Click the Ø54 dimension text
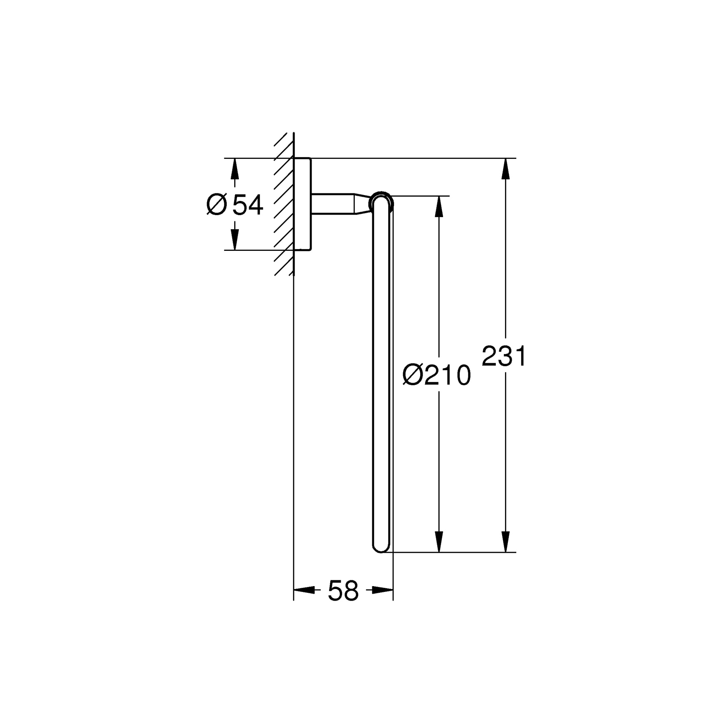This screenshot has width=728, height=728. (235, 205)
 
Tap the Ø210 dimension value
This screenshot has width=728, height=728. (437, 375)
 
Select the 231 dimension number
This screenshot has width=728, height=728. (504, 356)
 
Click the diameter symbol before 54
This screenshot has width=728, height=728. (217, 205)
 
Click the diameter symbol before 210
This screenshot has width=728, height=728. (412, 375)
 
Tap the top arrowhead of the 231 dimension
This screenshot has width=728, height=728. (505, 168)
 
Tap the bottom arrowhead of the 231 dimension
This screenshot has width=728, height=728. (505, 542)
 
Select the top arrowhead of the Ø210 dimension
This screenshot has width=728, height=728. (438, 206)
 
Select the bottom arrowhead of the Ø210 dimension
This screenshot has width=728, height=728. (438, 542)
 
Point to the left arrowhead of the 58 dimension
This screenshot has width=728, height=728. (304, 590)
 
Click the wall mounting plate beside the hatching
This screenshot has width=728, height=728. (302, 204)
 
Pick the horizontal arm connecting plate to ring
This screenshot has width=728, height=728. (333, 204)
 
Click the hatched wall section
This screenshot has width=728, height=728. (284, 204)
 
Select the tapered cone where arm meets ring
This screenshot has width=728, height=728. (362, 204)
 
